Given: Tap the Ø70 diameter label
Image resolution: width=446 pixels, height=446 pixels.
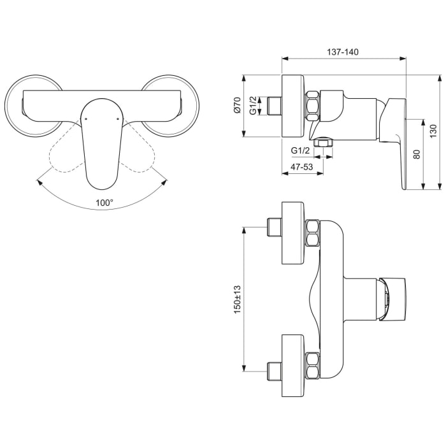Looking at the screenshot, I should click(x=236, y=105).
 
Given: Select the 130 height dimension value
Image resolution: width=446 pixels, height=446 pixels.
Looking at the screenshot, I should click(x=433, y=131).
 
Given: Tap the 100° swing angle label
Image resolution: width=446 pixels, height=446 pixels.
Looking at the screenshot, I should click(x=104, y=203).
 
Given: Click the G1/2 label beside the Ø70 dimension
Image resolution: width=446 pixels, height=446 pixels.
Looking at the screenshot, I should click(x=252, y=105).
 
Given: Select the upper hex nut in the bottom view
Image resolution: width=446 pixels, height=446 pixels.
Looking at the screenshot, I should click(x=313, y=233).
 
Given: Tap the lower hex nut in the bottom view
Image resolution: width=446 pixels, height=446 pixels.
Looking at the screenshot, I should click(x=313, y=365).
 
